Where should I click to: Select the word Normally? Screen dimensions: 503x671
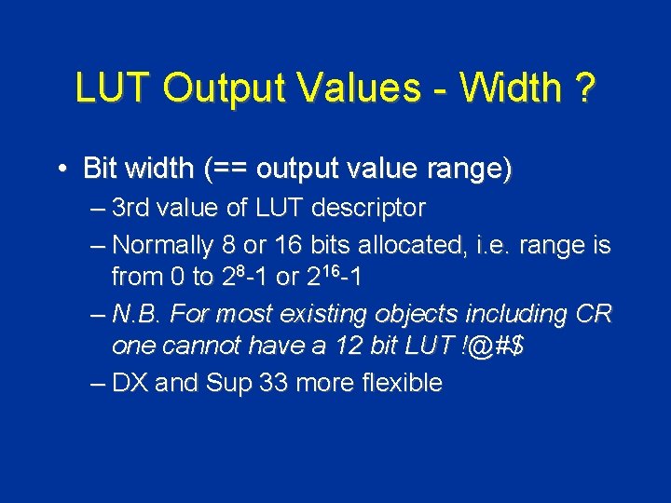click(x=163, y=246)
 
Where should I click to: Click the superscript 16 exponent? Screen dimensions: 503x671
click(x=330, y=269)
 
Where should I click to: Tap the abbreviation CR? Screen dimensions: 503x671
click(x=595, y=314)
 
